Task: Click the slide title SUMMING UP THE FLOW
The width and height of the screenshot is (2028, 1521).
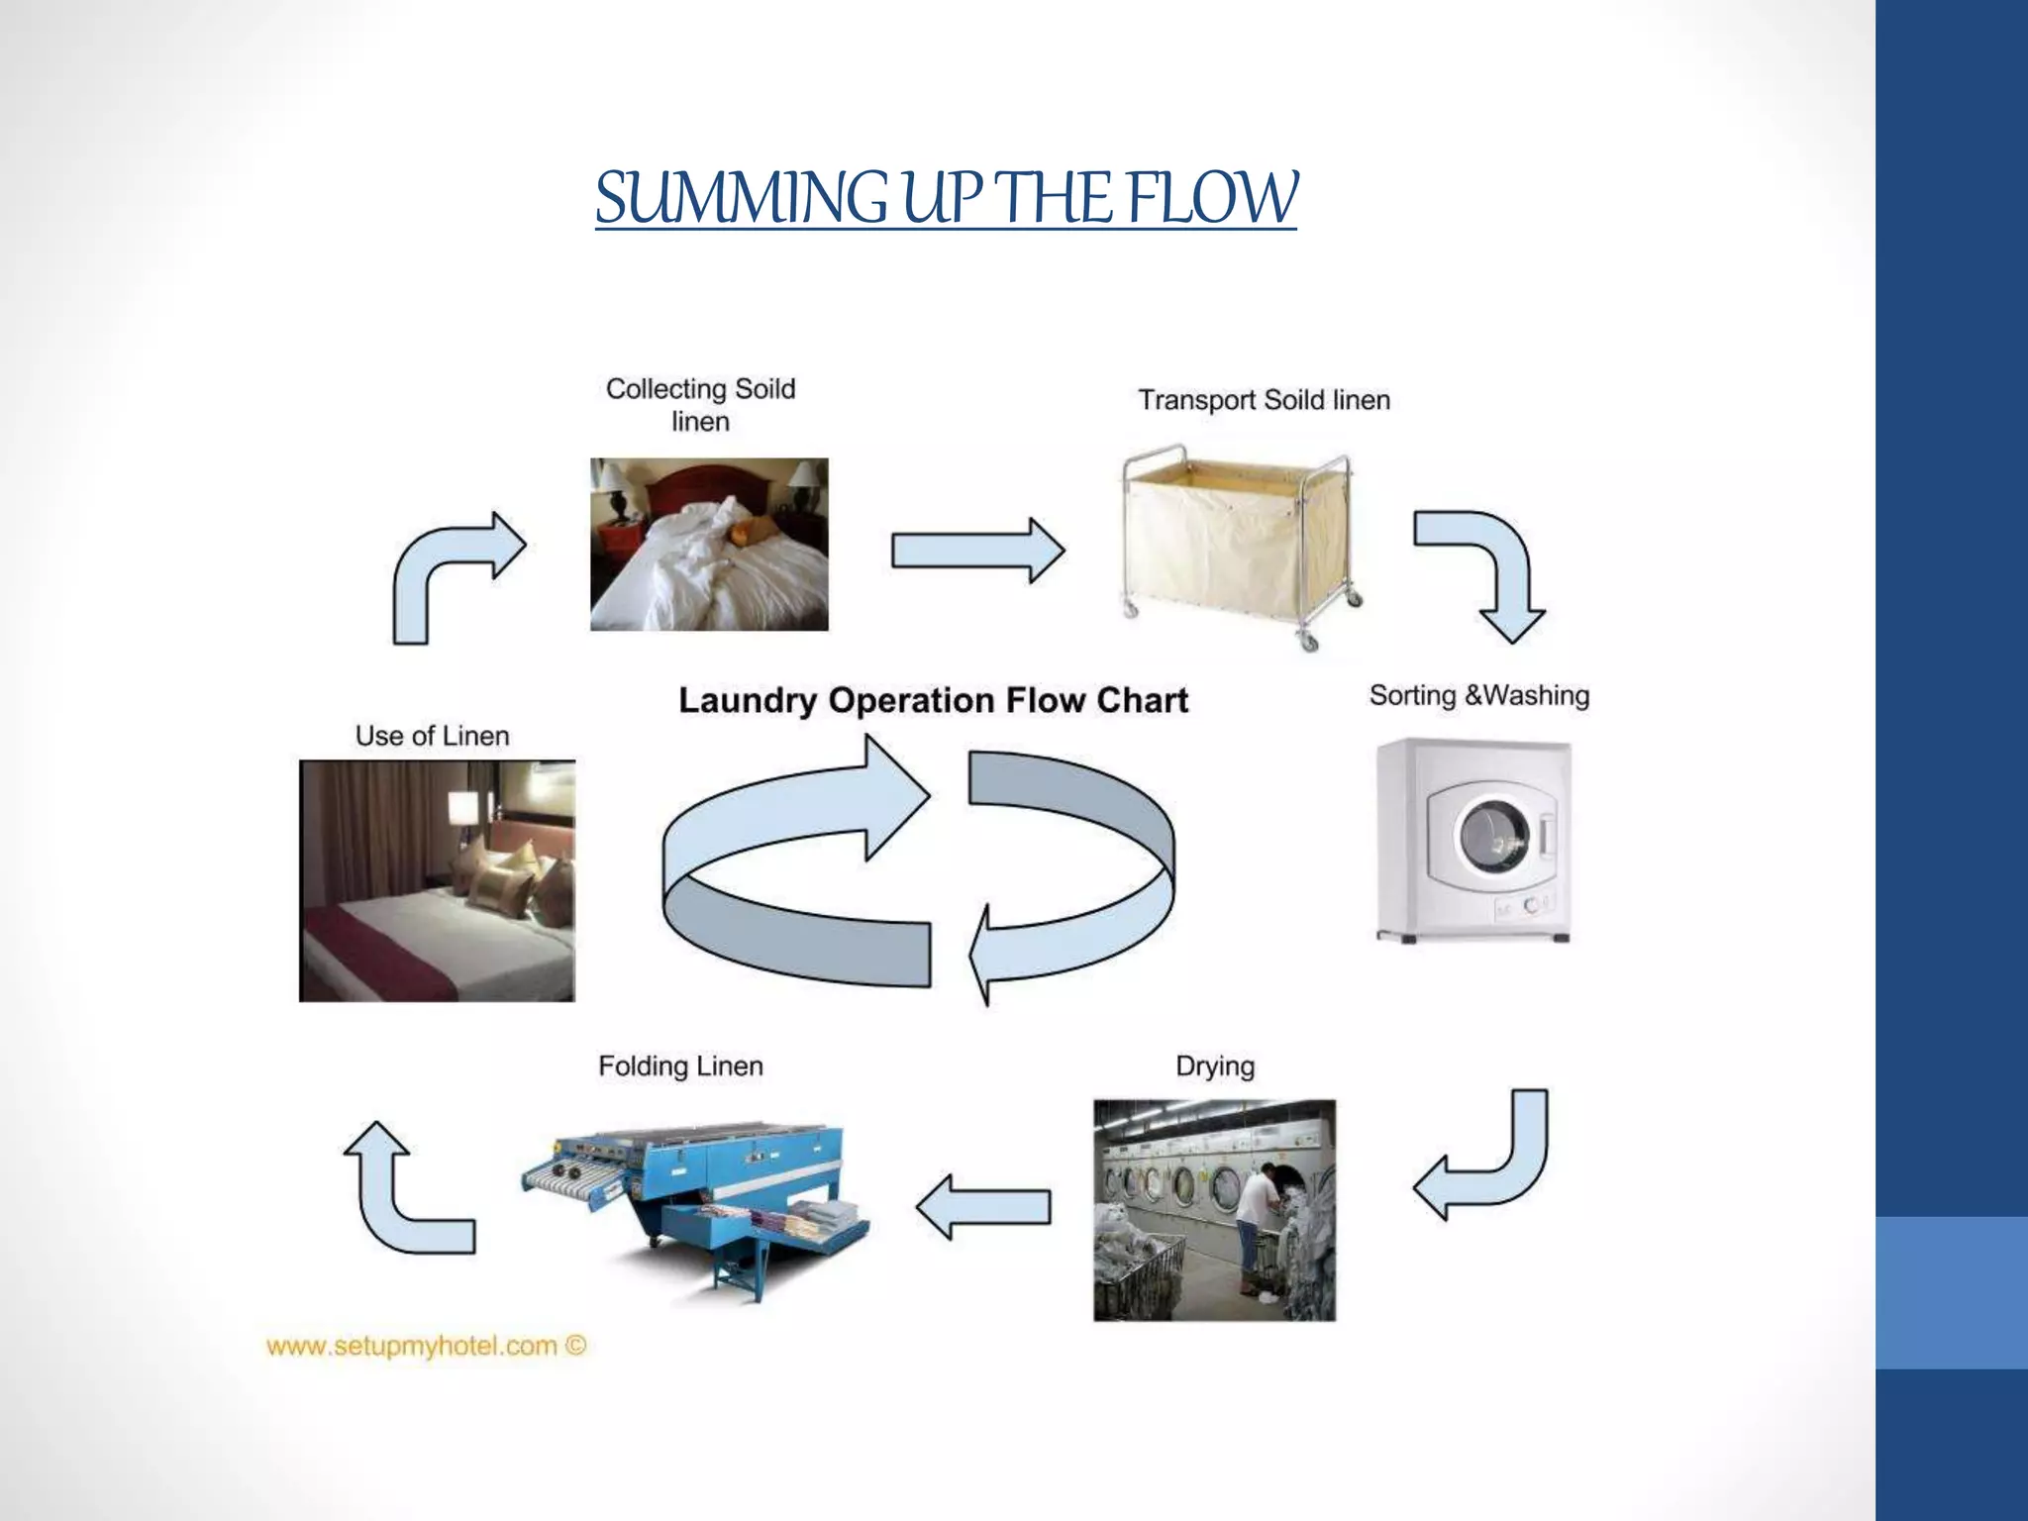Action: point(946,198)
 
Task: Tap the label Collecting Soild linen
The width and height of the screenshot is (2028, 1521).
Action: point(700,404)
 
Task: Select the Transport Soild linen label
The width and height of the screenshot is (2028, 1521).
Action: point(1264,400)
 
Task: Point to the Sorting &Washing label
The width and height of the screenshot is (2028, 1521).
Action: point(1478,695)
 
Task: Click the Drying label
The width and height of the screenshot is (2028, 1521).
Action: point(1214,1066)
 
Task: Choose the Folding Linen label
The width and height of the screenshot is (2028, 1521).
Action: point(680,1066)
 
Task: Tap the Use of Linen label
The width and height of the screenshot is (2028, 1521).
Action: point(432,736)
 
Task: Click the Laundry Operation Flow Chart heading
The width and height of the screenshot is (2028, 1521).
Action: point(933,700)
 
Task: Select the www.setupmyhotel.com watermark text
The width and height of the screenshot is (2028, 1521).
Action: point(426,1347)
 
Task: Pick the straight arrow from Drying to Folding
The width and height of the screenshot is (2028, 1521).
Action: point(982,1207)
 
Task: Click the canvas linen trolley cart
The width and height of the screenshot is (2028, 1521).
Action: point(1238,545)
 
